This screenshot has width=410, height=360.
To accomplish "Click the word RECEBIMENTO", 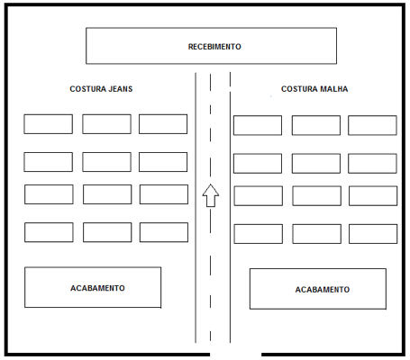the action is pos(214,47).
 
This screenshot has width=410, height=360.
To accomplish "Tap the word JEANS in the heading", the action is pos(121,89).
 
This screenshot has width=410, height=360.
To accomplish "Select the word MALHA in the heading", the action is pos(334,89).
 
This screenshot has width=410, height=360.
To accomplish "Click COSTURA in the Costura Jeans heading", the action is pos(87,89).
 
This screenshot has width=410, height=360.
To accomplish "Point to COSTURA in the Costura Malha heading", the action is pos(299,89).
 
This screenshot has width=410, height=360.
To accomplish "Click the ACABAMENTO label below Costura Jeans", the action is pos(97,288).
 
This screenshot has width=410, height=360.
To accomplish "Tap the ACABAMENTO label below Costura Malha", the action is pos(323,290).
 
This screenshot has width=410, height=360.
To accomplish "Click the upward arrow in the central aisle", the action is pos(211,195).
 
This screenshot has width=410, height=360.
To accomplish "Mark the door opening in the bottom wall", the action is pos(235,355).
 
